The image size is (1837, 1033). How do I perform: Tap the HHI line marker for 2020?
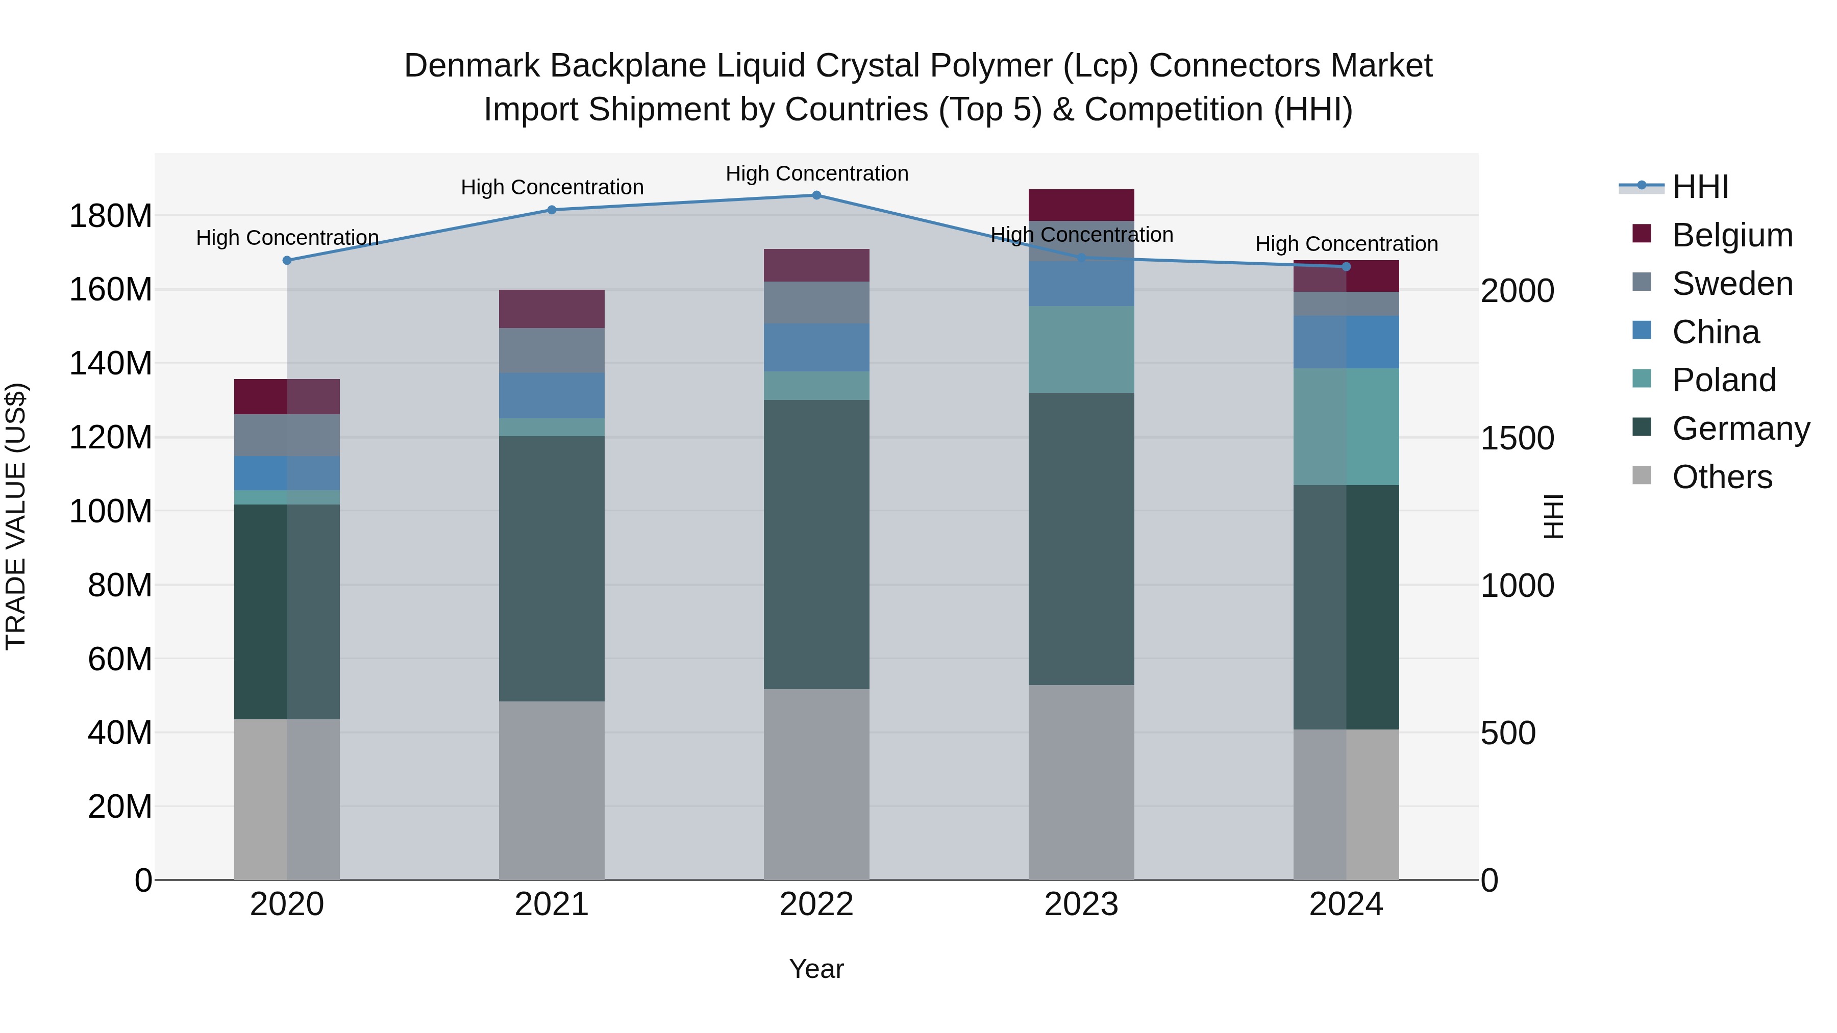[x=287, y=261]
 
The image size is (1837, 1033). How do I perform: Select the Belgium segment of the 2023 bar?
[x=1081, y=205]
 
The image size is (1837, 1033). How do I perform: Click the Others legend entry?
[x=1722, y=477]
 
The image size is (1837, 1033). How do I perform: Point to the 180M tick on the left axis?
[x=111, y=216]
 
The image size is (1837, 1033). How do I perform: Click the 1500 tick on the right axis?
[x=1517, y=438]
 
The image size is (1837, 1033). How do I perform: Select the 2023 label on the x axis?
[x=1081, y=904]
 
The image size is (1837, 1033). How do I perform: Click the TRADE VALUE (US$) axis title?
[x=16, y=516]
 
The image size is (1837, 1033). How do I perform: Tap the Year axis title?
[x=816, y=969]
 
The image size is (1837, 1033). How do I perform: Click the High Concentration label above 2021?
[x=552, y=188]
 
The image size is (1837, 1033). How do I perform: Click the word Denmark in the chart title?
[x=471, y=66]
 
